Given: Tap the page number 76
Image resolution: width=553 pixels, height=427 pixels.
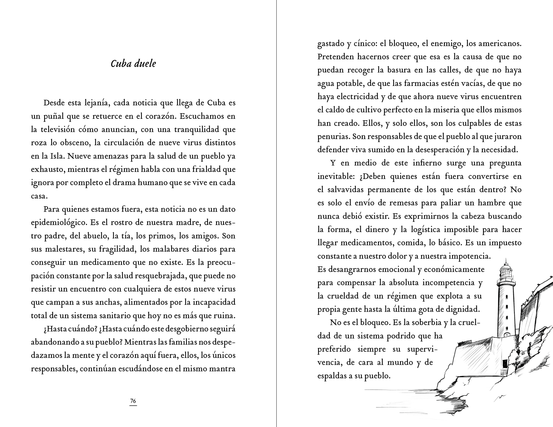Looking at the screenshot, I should pos(133,401).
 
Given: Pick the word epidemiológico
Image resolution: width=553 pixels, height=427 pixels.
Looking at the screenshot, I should pos(59,222).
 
